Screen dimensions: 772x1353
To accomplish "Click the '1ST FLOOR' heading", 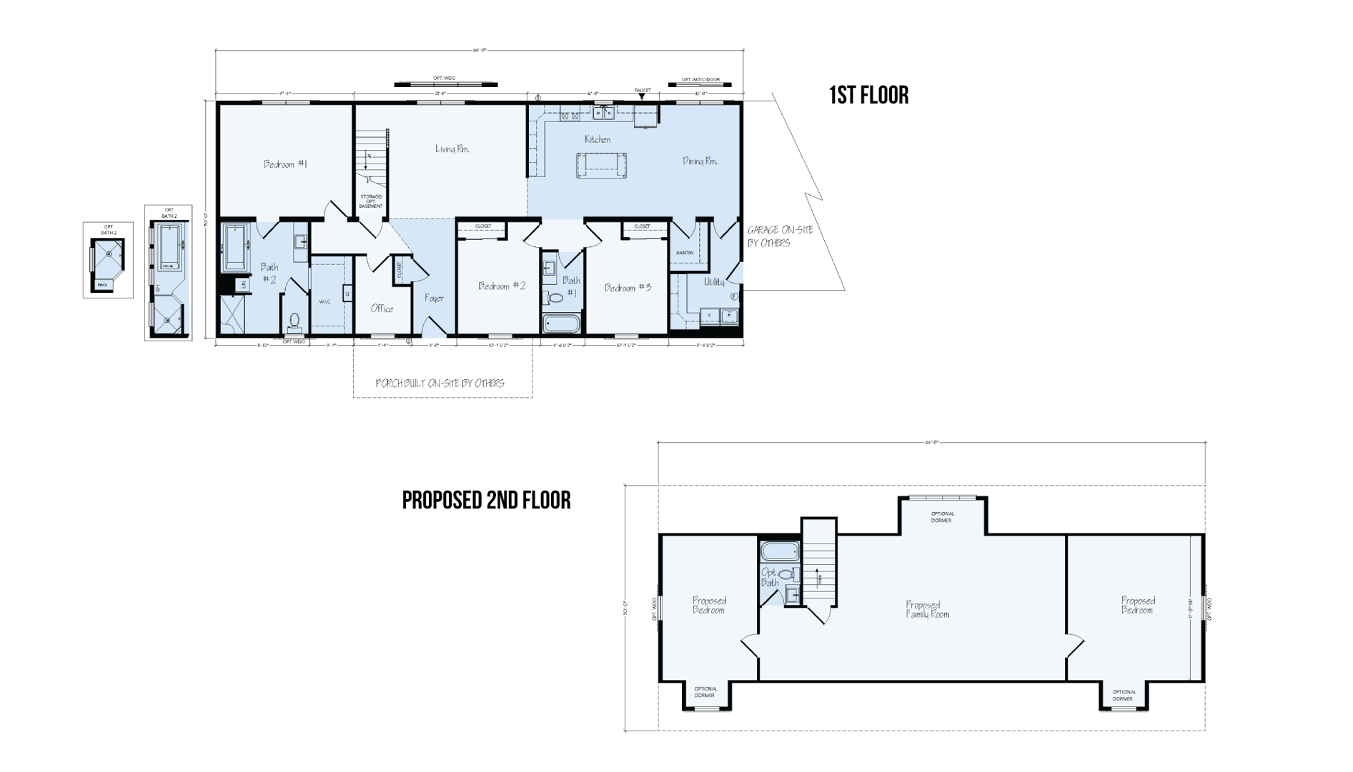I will [868, 95].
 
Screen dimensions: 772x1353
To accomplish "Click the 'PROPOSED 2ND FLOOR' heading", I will [486, 500].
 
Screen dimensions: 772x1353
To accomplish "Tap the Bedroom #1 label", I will [285, 164].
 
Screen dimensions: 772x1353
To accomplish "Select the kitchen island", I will [602, 165].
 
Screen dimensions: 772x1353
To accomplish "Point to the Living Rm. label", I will [452, 149].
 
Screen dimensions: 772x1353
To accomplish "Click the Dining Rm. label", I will [700, 161].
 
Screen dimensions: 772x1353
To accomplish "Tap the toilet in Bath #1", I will [555, 297].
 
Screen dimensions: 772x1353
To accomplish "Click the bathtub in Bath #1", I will [561, 324].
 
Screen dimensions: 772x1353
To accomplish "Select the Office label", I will [382, 309].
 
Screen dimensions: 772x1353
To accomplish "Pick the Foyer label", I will [434, 299].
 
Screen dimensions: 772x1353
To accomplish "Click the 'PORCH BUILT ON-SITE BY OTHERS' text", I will [440, 384].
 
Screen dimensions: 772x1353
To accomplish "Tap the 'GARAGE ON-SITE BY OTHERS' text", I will [779, 236].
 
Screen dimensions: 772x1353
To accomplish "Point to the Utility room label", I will [713, 282].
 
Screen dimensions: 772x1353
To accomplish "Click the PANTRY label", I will [685, 253].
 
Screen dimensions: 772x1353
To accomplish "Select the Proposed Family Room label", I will [927, 609].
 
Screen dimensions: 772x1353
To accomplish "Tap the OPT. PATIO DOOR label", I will [700, 79].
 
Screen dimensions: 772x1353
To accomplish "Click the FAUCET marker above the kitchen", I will [642, 91].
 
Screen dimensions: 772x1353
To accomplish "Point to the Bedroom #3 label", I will [628, 288].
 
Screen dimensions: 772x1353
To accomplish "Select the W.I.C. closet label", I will [324, 301].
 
